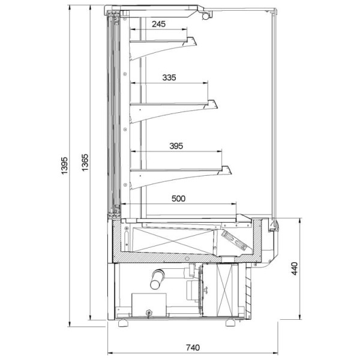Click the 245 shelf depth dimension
point(159,24)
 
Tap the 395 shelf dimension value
point(176,146)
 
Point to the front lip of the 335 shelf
point(211,105)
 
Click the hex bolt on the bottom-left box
point(148,311)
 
